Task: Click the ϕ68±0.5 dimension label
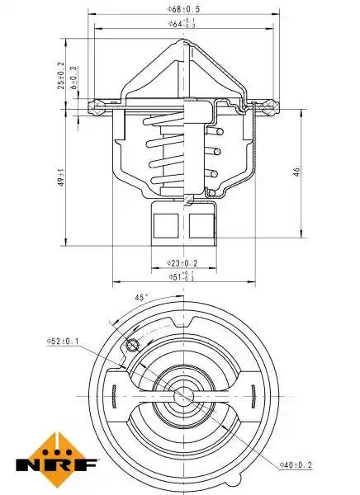coord(183,8)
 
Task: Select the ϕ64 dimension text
coord(182,24)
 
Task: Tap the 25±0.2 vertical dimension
coord(61,75)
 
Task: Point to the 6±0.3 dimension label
coord(74,78)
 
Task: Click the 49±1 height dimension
coord(61,177)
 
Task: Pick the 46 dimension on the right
coord(296,172)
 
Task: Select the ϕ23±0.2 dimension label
coord(182,262)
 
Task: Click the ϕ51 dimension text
coord(181,276)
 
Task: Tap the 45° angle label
coord(141,297)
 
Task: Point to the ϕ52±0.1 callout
coord(63,341)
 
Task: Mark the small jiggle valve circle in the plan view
coord(132,345)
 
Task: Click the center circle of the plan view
coord(183,395)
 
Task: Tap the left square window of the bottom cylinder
coord(166,226)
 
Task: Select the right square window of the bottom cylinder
coord(201,226)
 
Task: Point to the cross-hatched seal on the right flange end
coord(271,106)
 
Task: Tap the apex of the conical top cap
coord(183,40)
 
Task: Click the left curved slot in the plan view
coord(114,396)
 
